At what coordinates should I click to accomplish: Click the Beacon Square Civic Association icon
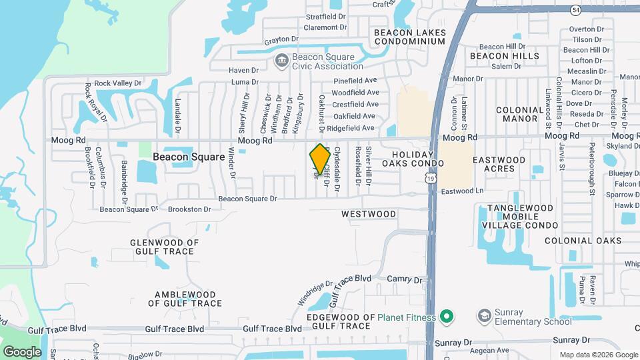(281, 61)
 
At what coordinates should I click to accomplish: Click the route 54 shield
(575, 9)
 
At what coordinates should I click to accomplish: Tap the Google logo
(22, 351)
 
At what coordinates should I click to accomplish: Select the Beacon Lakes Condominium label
(409, 37)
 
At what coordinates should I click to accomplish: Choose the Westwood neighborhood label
(369, 214)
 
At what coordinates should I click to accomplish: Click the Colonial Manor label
(520, 114)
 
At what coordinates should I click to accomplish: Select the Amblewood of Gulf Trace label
(185, 299)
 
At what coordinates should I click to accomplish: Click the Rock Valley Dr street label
(118, 83)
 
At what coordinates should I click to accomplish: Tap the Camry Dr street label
(405, 281)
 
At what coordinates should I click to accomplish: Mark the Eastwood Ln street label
(461, 191)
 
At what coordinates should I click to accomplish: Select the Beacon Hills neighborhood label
(505, 56)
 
